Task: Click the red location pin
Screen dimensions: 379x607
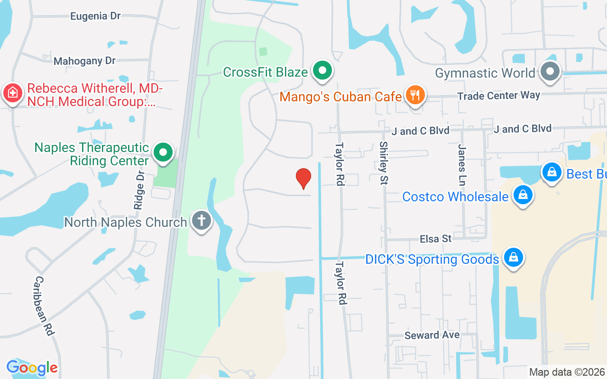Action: click(303, 179)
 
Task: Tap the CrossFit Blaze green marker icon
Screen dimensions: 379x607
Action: click(323, 72)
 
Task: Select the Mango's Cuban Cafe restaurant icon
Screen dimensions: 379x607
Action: click(415, 96)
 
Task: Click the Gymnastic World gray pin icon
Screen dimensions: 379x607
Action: click(551, 72)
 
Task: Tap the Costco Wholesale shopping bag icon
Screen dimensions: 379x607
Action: click(523, 195)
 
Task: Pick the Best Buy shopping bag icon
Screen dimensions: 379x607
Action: click(552, 173)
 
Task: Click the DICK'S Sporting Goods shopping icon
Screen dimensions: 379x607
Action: click(513, 258)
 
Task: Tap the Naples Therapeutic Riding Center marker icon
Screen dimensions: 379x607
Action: click(164, 153)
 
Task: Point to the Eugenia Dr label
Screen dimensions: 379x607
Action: click(95, 16)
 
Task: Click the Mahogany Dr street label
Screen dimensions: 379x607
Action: click(85, 61)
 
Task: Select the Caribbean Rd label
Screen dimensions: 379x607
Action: click(43, 306)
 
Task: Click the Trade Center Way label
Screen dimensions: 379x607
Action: click(498, 96)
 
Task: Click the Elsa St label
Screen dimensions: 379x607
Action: click(436, 239)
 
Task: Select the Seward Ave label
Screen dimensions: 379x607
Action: click(432, 335)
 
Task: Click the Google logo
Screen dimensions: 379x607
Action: click(32, 368)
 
